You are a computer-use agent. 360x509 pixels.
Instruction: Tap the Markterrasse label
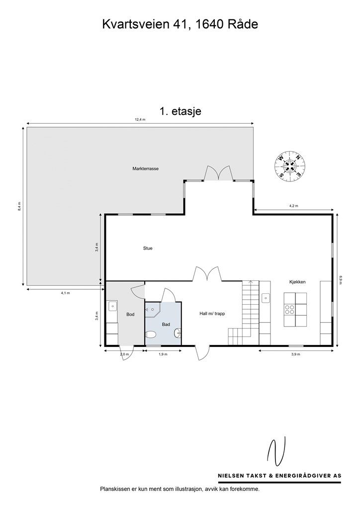(145, 169)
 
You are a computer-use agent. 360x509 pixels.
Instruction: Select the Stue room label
(148, 249)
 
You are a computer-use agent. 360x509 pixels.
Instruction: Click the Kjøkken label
(297, 282)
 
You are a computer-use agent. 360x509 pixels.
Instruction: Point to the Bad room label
(166, 324)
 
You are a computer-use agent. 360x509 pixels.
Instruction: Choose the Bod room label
(130, 314)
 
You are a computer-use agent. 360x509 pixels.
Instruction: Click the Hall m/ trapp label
(212, 314)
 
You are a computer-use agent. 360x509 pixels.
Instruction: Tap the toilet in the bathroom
(151, 334)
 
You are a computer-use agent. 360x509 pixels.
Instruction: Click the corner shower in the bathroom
(153, 310)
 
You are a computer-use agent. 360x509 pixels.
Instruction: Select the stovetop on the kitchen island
(289, 309)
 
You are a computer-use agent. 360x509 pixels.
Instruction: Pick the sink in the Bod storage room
(112, 306)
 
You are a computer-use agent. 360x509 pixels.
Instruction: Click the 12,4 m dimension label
(140, 119)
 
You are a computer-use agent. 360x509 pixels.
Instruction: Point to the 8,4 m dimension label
(19, 206)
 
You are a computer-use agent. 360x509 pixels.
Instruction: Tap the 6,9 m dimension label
(341, 280)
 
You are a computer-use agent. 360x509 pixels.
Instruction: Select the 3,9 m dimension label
(295, 354)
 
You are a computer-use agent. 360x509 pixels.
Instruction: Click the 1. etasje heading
(180, 111)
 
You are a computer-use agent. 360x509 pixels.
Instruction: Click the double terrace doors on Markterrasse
(218, 172)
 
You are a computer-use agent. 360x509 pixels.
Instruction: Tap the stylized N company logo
(276, 451)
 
